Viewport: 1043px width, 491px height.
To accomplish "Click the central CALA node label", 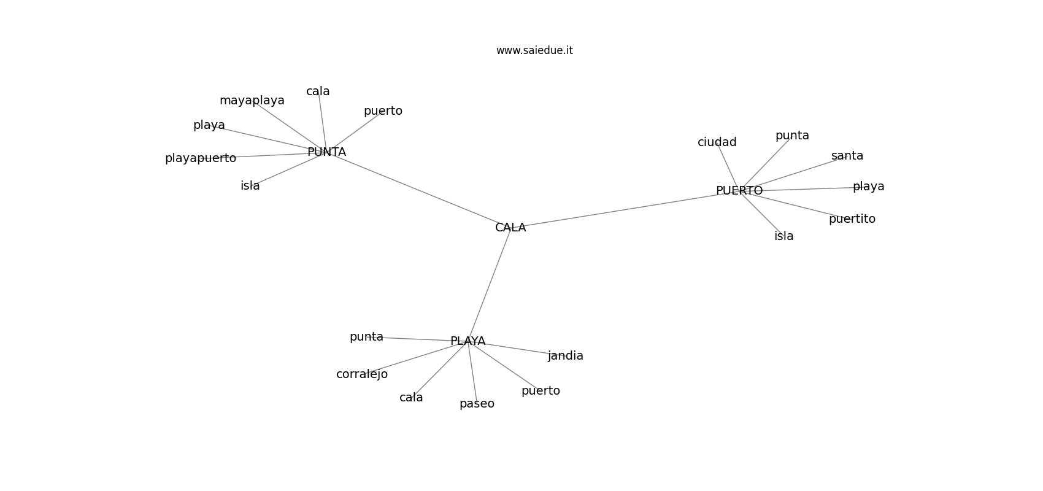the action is click(510, 227).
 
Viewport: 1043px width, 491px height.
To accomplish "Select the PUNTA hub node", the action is click(326, 152).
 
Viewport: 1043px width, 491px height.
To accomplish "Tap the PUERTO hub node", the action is click(739, 190).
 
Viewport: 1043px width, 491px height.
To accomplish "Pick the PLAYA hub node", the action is click(468, 341).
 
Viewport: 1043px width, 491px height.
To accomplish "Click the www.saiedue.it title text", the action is click(534, 50).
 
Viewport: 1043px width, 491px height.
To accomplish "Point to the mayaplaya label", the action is click(252, 101).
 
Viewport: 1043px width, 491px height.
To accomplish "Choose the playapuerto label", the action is click(201, 158).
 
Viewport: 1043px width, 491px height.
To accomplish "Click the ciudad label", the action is click(717, 142).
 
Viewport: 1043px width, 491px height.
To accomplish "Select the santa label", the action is click(847, 156).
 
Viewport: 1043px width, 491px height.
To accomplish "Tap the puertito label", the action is click(852, 219).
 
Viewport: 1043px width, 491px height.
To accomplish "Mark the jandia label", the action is click(565, 356).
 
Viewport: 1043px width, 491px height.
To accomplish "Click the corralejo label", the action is click(362, 374).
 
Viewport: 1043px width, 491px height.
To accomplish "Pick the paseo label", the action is click(477, 404).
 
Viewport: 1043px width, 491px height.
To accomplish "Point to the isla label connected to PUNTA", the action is click(250, 185).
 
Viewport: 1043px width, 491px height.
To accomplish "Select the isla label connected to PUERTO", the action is click(783, 236).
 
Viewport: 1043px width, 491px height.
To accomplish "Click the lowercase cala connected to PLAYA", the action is click(410, 398).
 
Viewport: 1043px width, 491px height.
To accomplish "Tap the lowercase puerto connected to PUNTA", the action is click(383, 111).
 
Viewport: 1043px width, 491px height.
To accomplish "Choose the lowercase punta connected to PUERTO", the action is click(792, 136).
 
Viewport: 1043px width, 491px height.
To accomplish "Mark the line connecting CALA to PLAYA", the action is click(489, 284).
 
